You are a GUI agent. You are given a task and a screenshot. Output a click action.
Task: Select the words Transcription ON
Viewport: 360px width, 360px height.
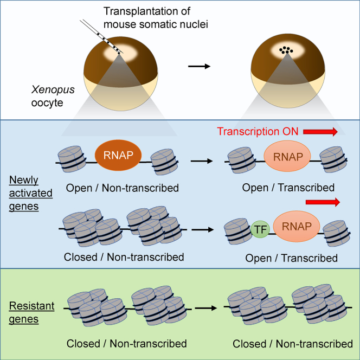click(258, 131)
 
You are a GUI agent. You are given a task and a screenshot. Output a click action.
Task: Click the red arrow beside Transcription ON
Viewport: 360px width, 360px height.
click(320, 131)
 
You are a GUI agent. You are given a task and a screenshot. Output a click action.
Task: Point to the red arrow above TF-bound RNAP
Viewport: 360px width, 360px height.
click(323, 202)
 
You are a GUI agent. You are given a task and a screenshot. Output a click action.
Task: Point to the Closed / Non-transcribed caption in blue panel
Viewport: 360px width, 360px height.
click(123, 257)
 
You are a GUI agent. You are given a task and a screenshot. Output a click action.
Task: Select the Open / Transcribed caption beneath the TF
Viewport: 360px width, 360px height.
click(291, 258)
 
